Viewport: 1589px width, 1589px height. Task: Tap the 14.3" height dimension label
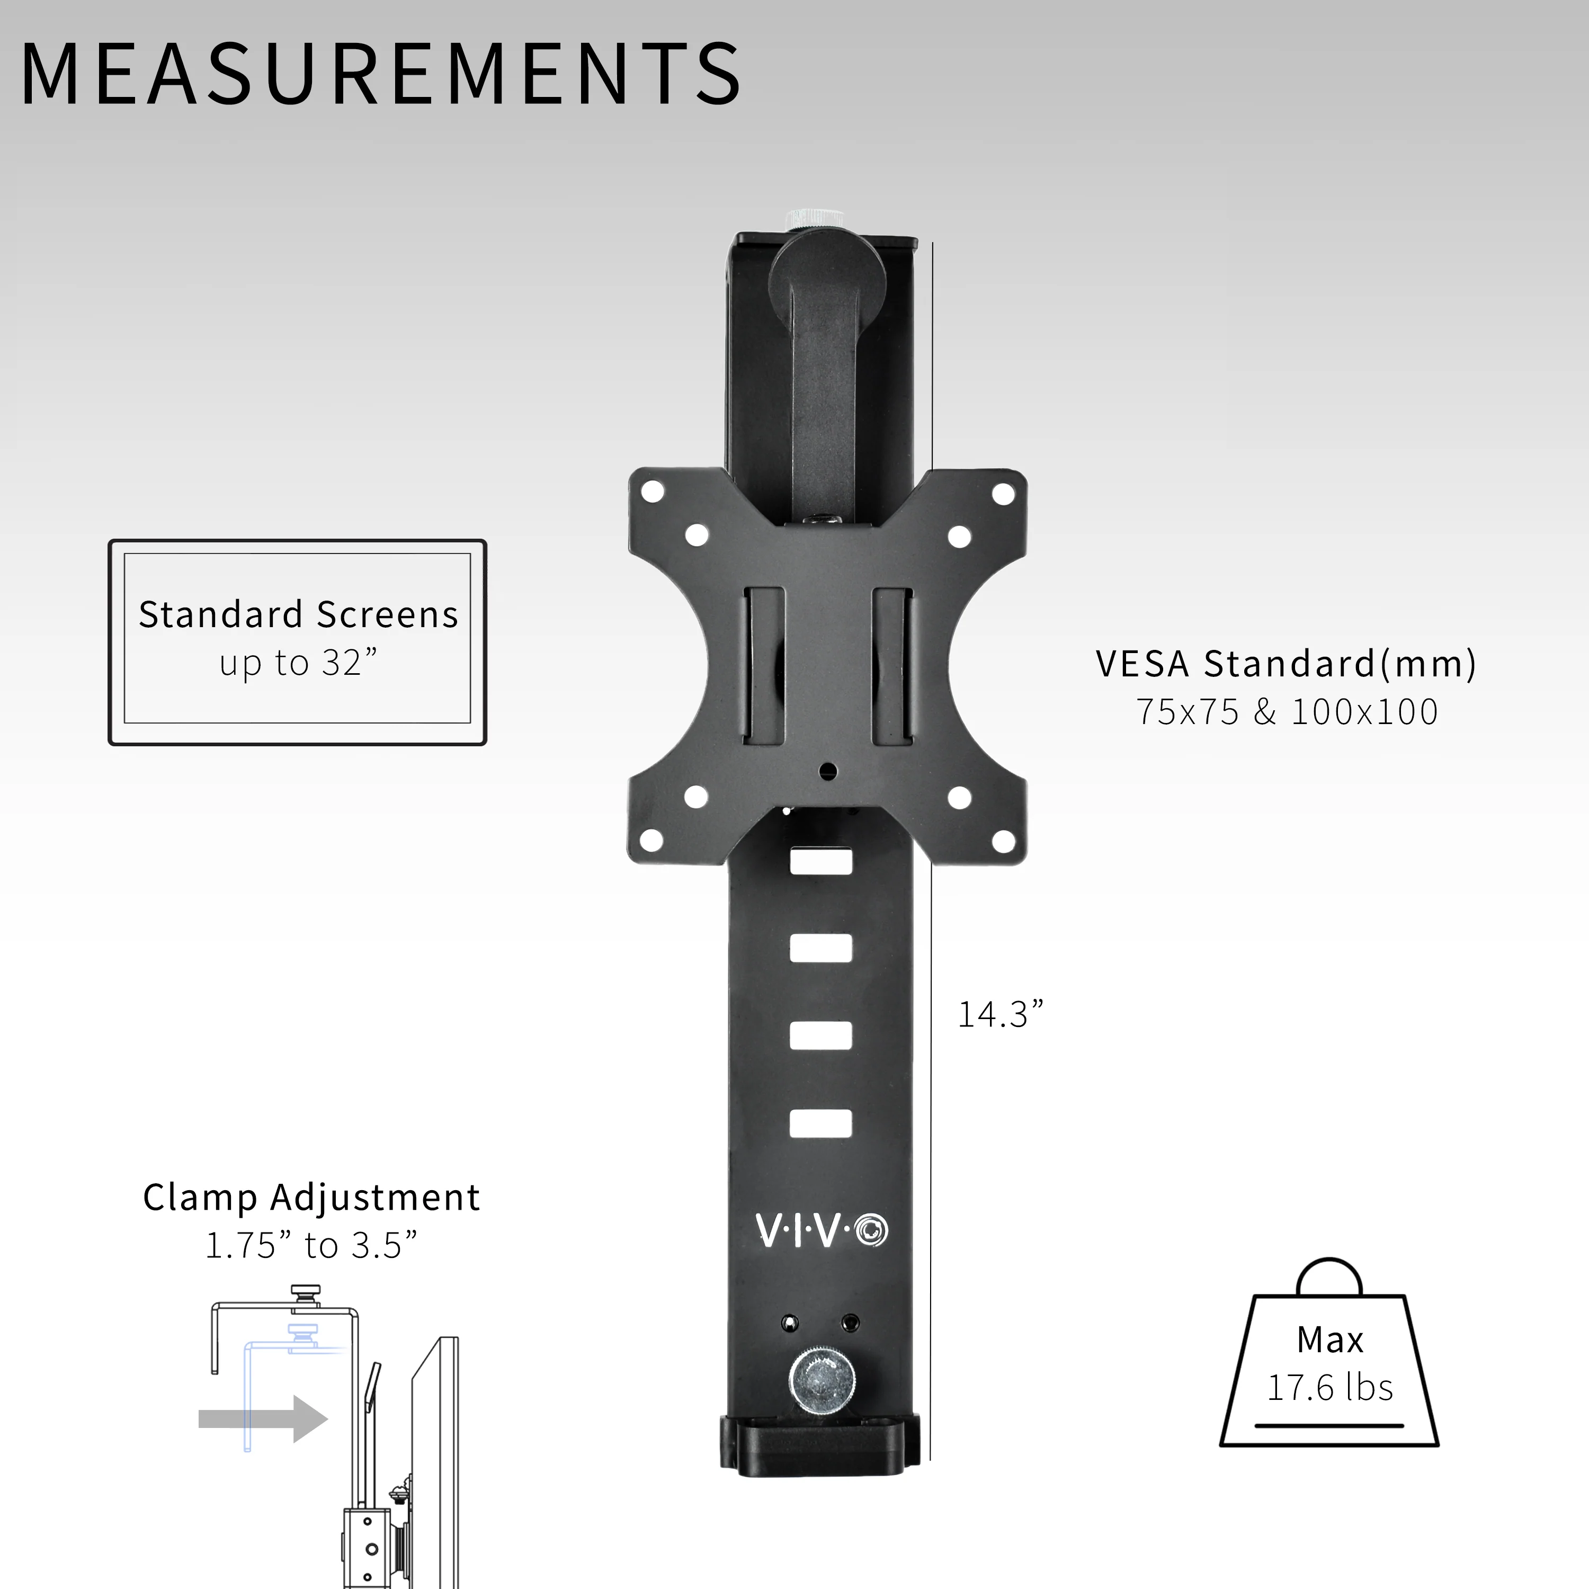(x=1000, y=1014)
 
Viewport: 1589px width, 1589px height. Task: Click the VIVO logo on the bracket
(x=822, y=1230)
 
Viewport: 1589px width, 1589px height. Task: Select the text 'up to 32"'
(x=298, y=663)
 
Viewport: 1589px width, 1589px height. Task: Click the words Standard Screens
(x=298, y=614)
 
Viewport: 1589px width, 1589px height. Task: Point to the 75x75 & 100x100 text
(x=1287, y=711)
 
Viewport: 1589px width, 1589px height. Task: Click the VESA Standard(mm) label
(x=1287, y=664)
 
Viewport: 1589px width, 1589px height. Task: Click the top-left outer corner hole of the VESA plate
(x=652, y=492)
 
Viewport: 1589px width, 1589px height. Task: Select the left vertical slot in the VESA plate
(x=764, y=666)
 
